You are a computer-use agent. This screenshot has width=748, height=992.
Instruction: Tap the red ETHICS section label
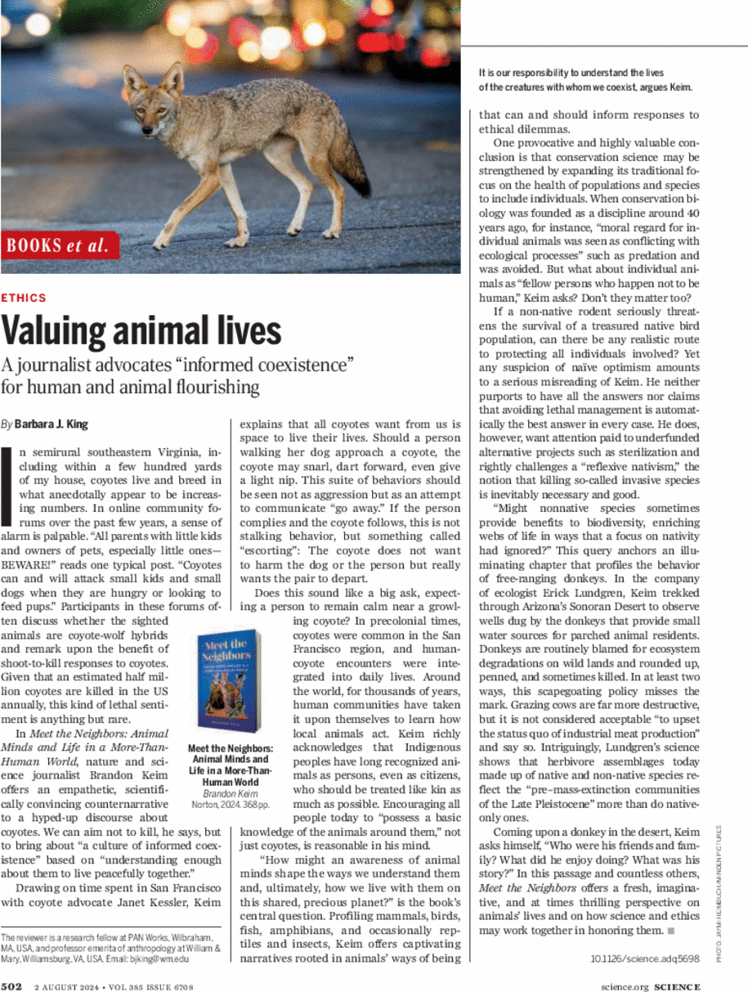pyautogui.click(x=25, y=298)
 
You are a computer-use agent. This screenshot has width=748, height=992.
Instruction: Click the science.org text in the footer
pyautogui.click(x=624, y=986)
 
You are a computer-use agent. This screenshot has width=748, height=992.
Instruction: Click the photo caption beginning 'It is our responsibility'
pyautogui.click(x=585, y=79)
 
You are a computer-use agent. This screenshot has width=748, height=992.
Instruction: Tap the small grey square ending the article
pyautogui.click(x=670, y=930)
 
